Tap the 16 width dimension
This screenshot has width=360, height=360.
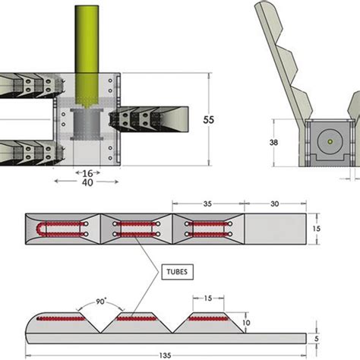click(x=87, y=173)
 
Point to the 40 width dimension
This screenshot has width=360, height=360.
click(x=87, y=183)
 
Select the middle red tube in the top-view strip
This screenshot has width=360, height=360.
click(x=137, y=228)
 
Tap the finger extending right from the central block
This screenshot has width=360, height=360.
click(x=156, y=118)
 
